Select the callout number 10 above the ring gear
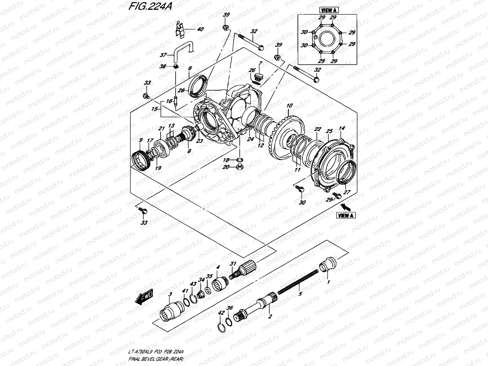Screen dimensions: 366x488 [x=289, y=106]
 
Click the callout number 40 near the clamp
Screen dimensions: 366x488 [x=200, y=30]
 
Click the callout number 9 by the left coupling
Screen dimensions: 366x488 [x=141, y=140]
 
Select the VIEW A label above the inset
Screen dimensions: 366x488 [x=328, y=10]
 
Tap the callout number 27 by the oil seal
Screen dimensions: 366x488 [x=347, y=192]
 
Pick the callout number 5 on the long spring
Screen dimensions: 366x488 [x=300, y=294]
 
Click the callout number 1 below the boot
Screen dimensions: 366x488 [x=328, y=282]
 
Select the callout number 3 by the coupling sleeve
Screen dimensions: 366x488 [x=170, y=294]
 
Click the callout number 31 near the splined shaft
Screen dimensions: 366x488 [x=233, y=264]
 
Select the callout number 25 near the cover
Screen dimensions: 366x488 [x=329, y=131]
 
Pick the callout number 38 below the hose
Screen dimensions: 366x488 [x=163, y=66]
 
